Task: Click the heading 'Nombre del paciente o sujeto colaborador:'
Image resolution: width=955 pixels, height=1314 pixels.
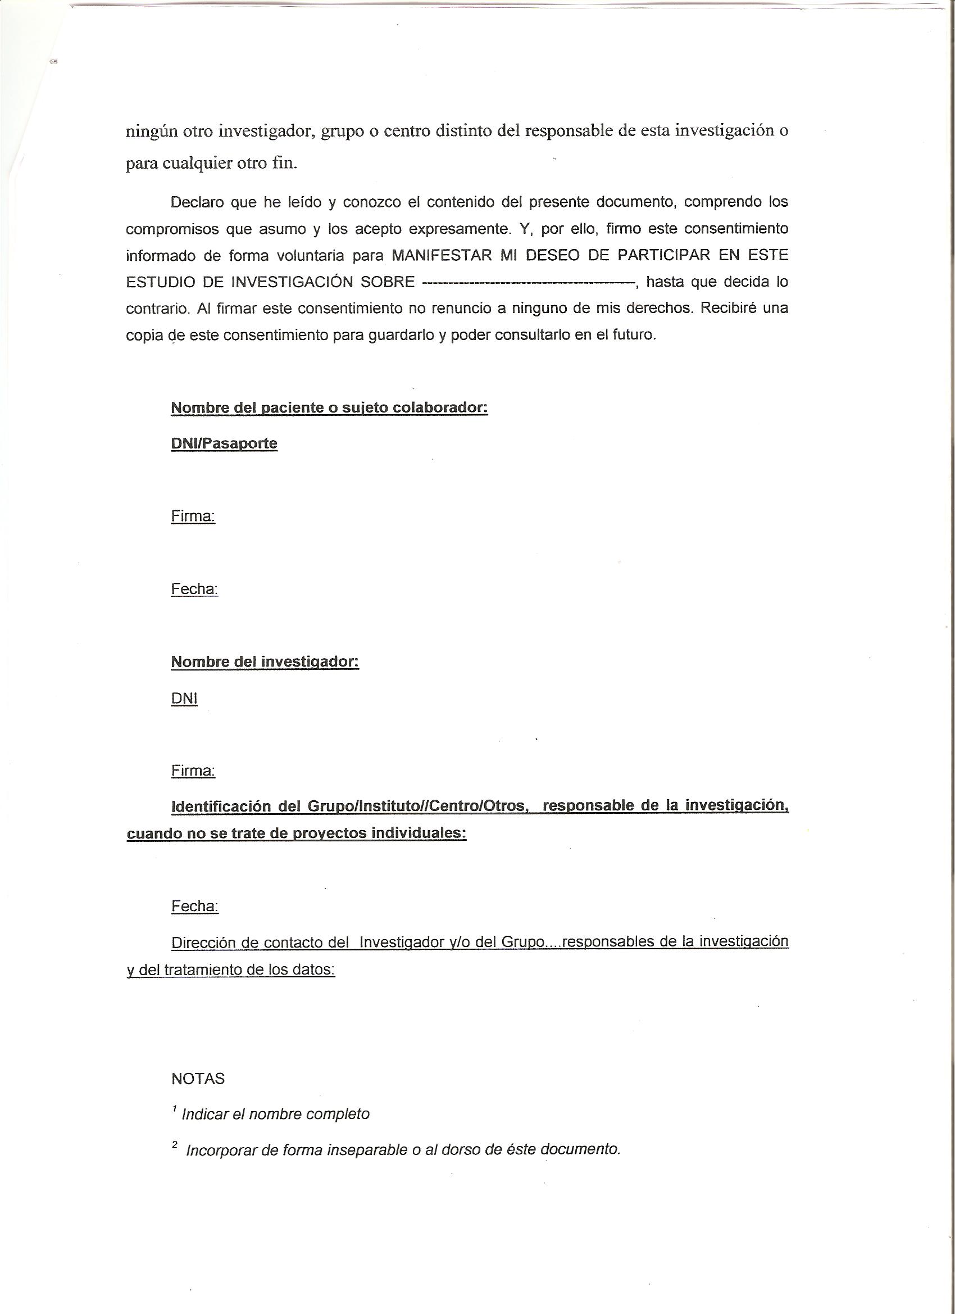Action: point(329,408)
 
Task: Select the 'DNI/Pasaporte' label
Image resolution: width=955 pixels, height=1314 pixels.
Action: point(224,444)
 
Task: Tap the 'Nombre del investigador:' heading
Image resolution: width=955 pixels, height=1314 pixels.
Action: point(265,661)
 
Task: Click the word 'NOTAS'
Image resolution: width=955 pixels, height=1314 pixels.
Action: point(198,1079)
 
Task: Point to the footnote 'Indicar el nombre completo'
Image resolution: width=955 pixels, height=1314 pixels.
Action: point(275,1114)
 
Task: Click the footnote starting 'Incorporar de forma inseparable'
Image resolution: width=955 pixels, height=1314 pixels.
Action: point(402,1150)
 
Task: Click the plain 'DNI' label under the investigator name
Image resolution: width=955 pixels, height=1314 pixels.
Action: point(184,699)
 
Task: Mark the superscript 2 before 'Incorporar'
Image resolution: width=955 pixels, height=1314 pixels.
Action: point(174,1145)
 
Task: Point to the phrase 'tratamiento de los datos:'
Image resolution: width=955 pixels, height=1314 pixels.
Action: point(249,969)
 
